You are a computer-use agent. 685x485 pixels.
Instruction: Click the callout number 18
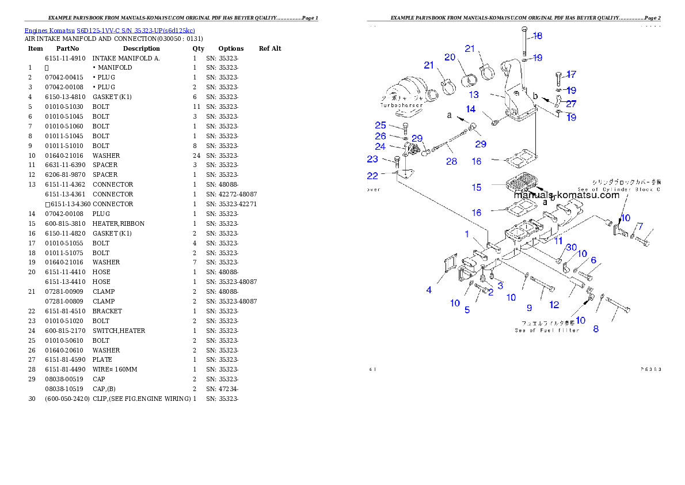536,36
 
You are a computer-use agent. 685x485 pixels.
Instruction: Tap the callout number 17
570,74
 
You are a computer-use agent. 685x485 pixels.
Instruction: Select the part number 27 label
570,104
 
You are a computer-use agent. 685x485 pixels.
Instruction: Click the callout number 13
473,95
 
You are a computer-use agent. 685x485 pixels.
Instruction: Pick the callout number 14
471,109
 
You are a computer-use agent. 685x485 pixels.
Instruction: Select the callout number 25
380,125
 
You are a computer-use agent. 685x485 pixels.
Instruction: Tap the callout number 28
451,161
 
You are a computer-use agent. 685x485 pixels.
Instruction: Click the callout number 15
477,187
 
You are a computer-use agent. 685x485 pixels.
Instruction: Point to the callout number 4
429,290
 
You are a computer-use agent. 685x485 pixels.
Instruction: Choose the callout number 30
571,247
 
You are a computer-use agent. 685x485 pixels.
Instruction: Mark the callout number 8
596,329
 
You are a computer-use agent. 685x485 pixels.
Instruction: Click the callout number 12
554,304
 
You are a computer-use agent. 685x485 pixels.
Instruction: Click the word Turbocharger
401,105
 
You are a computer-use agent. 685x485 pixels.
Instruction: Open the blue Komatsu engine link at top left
109,30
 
